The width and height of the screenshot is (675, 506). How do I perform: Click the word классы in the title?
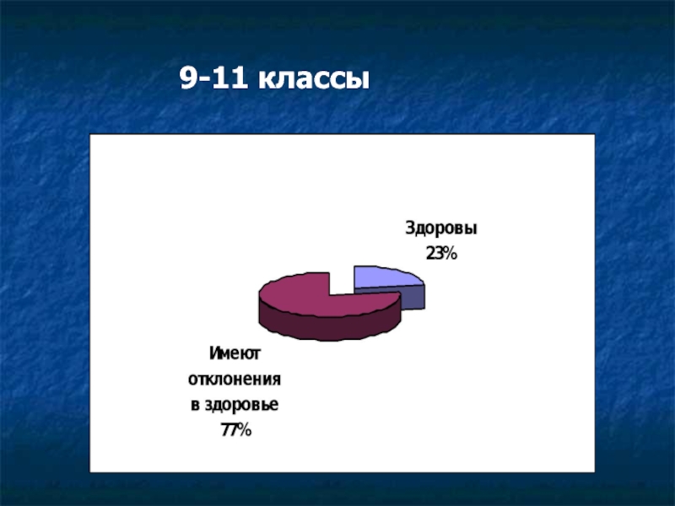313,79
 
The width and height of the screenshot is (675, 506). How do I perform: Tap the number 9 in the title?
188,78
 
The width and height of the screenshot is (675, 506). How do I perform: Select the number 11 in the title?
229,78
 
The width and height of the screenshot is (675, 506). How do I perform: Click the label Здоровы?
440,228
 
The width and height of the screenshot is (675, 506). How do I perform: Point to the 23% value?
441,254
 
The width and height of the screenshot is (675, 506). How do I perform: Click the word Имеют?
235,353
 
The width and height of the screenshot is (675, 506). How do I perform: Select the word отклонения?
235,379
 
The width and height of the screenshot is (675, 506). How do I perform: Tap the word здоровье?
241,405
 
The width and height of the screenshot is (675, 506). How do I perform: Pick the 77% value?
236,430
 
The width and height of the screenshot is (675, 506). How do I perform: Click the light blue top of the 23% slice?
383,277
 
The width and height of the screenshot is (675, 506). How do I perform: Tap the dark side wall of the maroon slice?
329,327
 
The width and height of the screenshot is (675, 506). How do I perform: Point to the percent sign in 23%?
450,254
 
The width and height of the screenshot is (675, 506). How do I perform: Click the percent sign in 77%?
244,430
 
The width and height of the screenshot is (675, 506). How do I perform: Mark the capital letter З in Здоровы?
409,228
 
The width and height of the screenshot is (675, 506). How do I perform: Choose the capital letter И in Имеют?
215,353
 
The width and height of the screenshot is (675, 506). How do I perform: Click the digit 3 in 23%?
438,254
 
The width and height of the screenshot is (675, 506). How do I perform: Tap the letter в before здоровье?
195,405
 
